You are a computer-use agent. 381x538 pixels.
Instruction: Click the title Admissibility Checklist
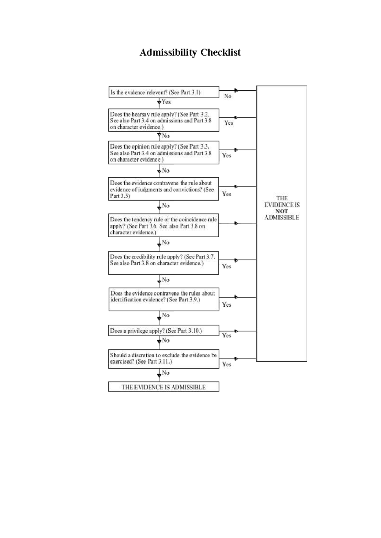click(190, 52)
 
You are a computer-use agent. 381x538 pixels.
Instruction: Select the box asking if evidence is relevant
click(164, 92)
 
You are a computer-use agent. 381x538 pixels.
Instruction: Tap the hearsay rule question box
click(164, 120)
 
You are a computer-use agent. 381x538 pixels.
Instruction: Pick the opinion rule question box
click(164, 153)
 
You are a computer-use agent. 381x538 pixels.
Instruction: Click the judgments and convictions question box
click(164, 189)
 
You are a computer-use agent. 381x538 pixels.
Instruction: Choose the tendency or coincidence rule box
click(164, 225)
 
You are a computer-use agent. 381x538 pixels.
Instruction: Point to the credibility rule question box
click(164, 263)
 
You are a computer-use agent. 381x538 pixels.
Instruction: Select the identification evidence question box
click(164, 299)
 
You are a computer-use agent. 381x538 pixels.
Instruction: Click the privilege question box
click(164, 331)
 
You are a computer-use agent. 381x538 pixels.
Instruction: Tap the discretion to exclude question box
click(164, 359)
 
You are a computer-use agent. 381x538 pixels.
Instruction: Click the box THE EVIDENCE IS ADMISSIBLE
click(164, 387)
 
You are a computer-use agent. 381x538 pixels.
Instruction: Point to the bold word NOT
click(282, 211)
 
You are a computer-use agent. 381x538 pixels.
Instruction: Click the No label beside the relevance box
click(228, 96)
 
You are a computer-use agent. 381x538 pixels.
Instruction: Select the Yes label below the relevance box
click(166, 102)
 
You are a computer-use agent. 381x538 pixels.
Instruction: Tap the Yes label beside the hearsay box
click(229, 123)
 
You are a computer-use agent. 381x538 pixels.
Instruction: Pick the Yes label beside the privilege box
click(226, 335)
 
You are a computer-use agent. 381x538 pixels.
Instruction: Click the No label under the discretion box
click(166, 373)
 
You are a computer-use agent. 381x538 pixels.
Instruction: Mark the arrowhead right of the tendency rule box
click(236, 223)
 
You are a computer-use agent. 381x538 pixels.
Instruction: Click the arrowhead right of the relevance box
click(236, 90)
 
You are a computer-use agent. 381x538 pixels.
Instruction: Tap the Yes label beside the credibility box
click(226, 266)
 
